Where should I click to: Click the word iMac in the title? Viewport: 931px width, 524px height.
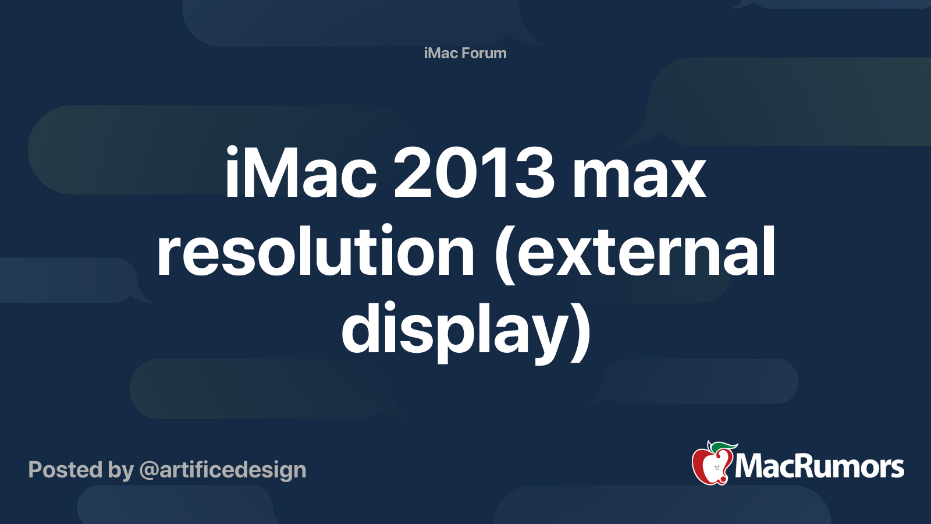point(300,173)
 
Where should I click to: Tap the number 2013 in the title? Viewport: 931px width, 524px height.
point(474,173)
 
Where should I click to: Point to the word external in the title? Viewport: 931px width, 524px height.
point(646,252)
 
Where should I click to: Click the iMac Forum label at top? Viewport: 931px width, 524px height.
point(465,53)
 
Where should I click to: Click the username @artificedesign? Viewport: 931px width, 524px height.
point(223,470)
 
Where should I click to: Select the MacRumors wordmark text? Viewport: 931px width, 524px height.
point(819,466)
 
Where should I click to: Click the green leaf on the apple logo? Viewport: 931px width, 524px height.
point(723,446)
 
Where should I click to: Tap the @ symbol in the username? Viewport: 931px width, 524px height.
point(148,470)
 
